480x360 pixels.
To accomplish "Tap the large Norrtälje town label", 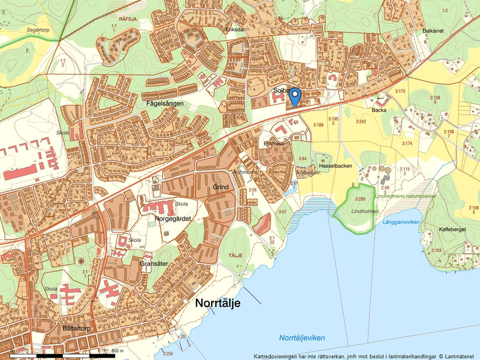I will [x=218, y=303].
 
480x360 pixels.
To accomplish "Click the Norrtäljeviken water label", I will [x=302, y=338].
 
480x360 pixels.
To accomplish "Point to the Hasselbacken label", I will [x=336, y=166].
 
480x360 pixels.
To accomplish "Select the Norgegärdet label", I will [x=173, y=219].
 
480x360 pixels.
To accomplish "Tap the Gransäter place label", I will [x=154, y=263].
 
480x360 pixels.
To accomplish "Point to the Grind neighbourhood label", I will [x=221, y=187].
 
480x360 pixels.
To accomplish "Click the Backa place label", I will [x=379, y=109].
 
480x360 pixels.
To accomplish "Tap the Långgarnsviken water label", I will [x=402, y=222].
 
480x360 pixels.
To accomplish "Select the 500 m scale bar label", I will [x=118, y=351].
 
